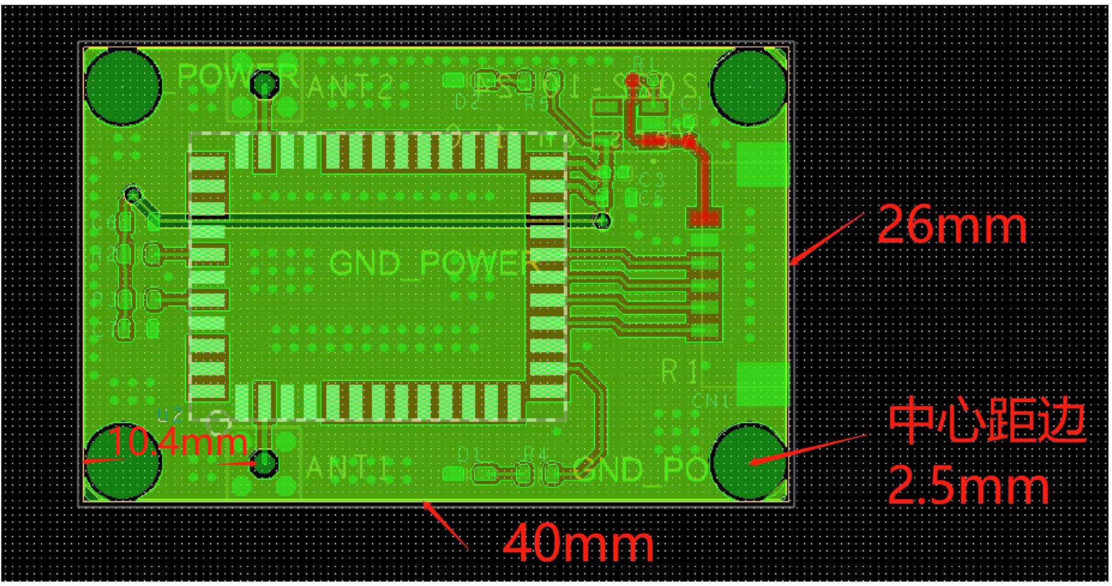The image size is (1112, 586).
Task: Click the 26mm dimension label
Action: point(951,226)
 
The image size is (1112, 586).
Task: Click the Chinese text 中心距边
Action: point(987,424)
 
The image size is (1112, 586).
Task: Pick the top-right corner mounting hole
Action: point(749,87)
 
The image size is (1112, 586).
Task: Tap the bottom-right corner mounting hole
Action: point(749,461)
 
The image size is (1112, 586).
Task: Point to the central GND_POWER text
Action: point(433,263)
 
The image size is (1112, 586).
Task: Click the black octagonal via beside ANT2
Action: point(264,84)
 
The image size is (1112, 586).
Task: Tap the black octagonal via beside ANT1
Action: point(264,463)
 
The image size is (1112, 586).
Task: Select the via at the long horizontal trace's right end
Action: point(602,220)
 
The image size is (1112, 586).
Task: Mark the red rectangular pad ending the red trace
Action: point(704,217)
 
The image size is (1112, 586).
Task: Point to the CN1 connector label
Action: point(710,401)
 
